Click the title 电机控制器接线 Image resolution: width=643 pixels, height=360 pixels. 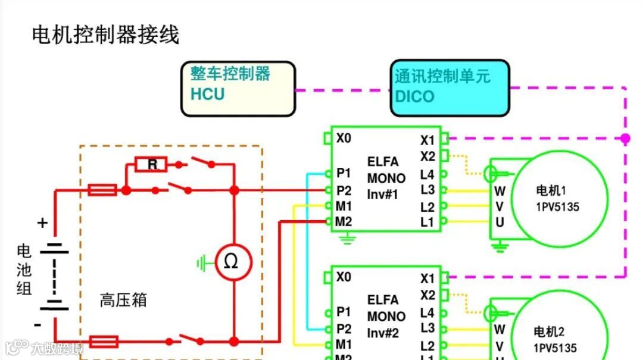(x=105, y=35)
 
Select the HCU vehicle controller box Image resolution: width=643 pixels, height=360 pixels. (x=238, y=89)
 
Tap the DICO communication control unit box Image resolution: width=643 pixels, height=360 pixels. (x=450, y=88)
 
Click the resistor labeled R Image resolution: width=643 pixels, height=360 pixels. (x=152, y=164)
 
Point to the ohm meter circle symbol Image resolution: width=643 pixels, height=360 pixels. (x=233, y=262)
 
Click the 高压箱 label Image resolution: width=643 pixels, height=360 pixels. (x=123, y=300)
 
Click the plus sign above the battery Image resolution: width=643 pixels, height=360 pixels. (x=42, y=223)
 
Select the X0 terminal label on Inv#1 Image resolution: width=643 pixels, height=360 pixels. (x=344, y=138)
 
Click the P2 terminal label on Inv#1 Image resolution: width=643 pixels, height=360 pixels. (x=344, y=190)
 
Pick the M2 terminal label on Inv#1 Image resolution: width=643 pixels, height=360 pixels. (x=344, y=222)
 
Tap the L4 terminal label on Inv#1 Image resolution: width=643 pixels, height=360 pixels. (x=427, y=175)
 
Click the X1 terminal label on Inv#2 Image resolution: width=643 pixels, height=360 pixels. (x=427, y=278)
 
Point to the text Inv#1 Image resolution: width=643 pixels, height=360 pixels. (x=383, y=194)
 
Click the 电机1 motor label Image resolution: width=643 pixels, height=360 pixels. (x=551, y=191)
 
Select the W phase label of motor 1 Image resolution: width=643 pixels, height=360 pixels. (x=500, y=191)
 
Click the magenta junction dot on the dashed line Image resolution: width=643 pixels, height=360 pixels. (x=625, y=138)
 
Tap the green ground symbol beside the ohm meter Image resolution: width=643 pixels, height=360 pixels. (x=204, y=262)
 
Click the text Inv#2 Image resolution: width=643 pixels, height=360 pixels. (x=383, y=333)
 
